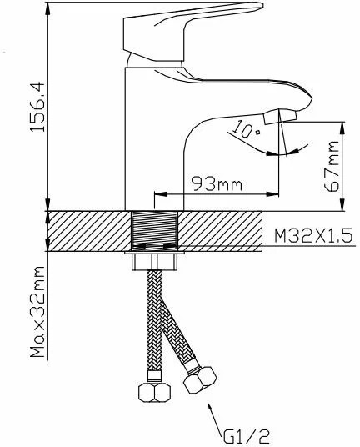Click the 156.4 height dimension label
(37, 107)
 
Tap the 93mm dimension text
(217, 183)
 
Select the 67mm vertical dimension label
(332, 166)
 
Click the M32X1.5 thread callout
(313, 236)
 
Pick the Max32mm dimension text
(37, 312)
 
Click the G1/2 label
(247, 436)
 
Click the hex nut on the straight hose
(154, 392)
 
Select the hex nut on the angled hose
(200, 380)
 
